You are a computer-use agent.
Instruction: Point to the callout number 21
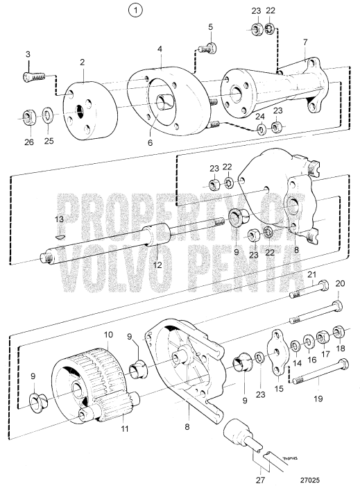click(x=311, y=274)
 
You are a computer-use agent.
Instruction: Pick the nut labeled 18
click(x=339, y=331)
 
